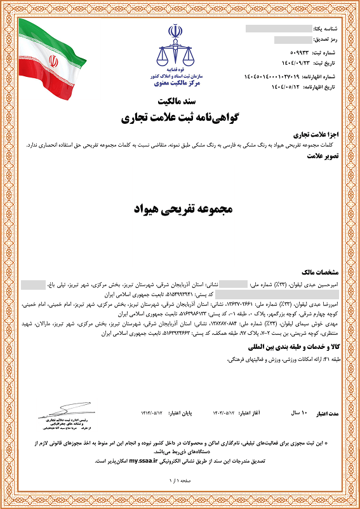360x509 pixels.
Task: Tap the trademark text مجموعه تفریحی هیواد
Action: [x=182, y=209]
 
